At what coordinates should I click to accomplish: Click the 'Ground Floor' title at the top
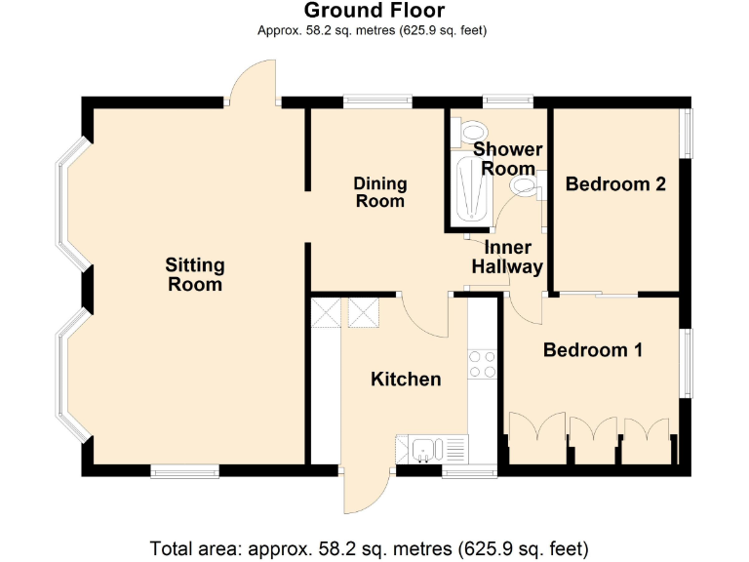pos(374,11)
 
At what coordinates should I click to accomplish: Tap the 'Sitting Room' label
pos(195,274)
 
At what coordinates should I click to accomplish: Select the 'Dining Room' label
pos(380,192)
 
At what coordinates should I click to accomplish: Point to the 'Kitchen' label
pos(406,379)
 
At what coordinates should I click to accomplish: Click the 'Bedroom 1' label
pos(592,349)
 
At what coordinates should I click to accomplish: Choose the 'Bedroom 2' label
pos(615,183)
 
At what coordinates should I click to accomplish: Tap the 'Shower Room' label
pos(507,159)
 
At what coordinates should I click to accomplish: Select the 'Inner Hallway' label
pos(507,257)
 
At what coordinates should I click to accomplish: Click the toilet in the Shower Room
pos(472,128)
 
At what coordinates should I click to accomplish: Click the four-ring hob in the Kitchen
pos(483,364)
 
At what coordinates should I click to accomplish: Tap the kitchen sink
pos(426,450)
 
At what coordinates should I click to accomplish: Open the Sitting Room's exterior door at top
pos(252,82)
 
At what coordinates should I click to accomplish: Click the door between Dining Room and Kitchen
pos(427,312)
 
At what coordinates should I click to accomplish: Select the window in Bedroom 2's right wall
pos(686,132)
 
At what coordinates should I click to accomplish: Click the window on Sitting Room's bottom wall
pos(184,471)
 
